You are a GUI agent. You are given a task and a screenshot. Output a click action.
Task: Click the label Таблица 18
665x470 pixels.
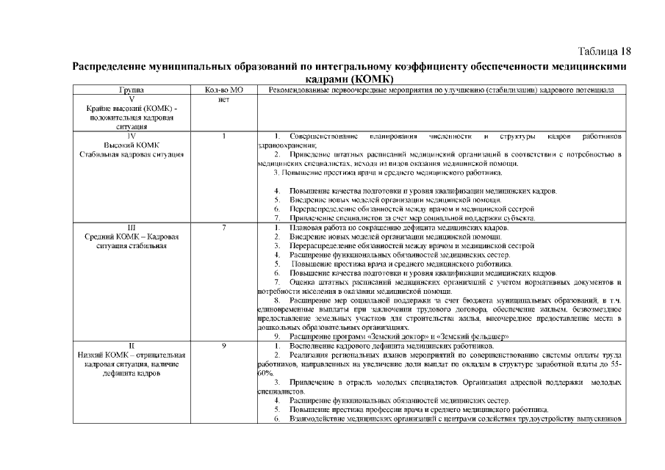point(605,51)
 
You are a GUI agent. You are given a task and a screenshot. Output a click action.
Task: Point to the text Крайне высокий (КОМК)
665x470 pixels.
point(130,108)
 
